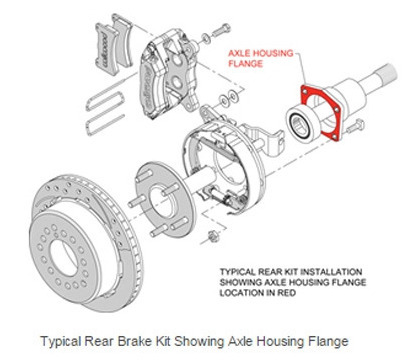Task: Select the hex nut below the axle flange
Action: (211, 236)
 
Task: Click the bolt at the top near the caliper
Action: (222, 29)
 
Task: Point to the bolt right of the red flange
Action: (355, 126)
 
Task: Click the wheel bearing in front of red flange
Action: (303, 122)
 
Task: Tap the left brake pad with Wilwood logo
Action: (104, 46)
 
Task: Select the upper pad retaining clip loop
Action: (105, 97)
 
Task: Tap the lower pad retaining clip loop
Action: (105, 125)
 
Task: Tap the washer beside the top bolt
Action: (206, 38)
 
